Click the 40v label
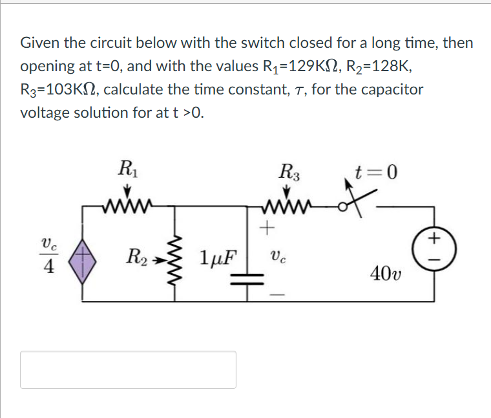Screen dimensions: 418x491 tap(386, 274)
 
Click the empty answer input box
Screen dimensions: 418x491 tap(128, 369)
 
